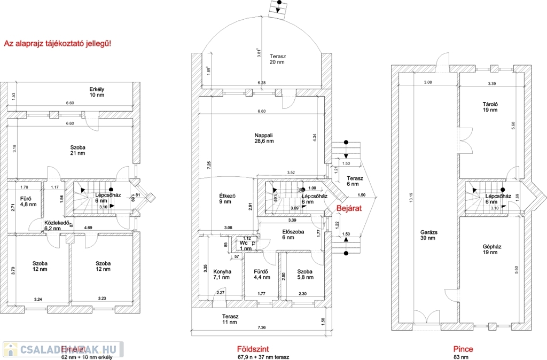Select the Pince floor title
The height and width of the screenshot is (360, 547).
tap(463, 349)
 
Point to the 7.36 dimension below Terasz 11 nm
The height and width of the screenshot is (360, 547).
tap(261, 327)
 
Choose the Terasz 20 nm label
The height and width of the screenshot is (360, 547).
tap(277, 59)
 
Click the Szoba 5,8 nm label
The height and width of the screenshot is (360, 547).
tap(305, 275)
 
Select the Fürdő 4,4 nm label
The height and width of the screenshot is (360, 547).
tap(262, 275)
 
